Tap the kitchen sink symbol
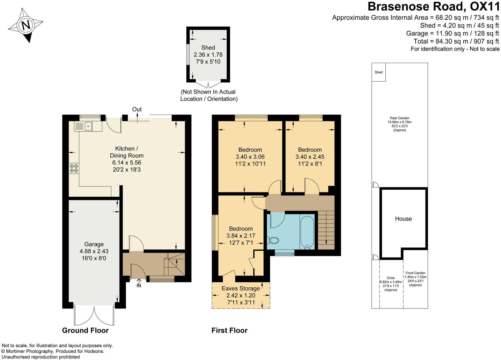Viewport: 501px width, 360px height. [84, 126]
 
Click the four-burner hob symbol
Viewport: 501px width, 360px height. [74, 168]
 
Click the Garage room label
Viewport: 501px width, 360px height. [94, 244]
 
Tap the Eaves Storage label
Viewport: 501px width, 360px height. [241, 288]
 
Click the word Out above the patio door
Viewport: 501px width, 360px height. [137, 109]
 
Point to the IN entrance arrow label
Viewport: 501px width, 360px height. [139, 285]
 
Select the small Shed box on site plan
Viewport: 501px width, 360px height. [379, 72]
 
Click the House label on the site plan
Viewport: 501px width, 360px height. [403, 219]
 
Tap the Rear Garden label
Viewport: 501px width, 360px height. [399, 118]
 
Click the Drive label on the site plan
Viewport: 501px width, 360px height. [391, 278]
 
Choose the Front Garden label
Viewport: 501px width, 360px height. [415, 273]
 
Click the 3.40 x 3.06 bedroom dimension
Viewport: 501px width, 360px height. [250, 157]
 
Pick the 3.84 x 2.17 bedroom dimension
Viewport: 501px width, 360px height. [241, 236]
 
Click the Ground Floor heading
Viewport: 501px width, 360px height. [85, 330]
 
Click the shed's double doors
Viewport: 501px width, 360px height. [208, 85]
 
